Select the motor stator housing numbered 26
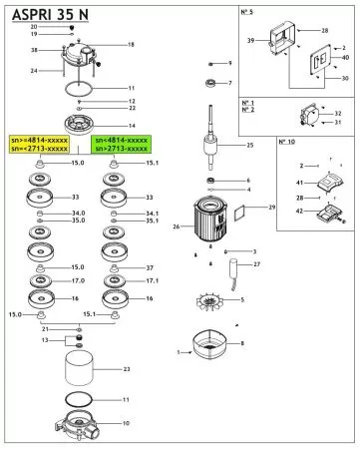point(210,224)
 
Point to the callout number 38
point(34,50)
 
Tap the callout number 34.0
point(78,214)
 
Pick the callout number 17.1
point(152,281)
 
